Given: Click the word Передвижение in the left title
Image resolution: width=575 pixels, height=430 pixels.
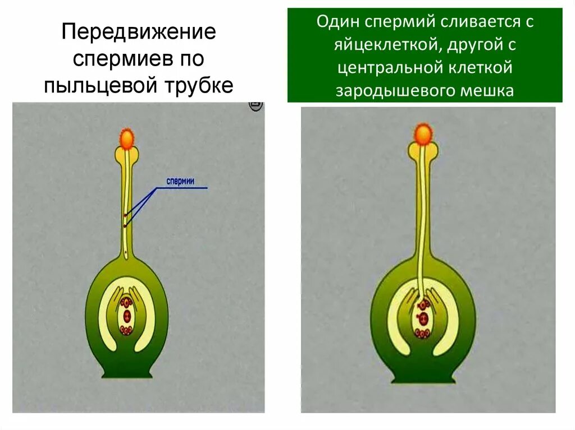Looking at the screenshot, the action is click(138, 31).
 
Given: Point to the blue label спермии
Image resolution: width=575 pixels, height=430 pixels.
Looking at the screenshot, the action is click(180, 181).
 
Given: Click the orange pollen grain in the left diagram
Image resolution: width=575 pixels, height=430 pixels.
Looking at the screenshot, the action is click(128, 138).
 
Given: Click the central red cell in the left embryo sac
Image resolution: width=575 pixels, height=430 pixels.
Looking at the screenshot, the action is click(126, 315).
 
